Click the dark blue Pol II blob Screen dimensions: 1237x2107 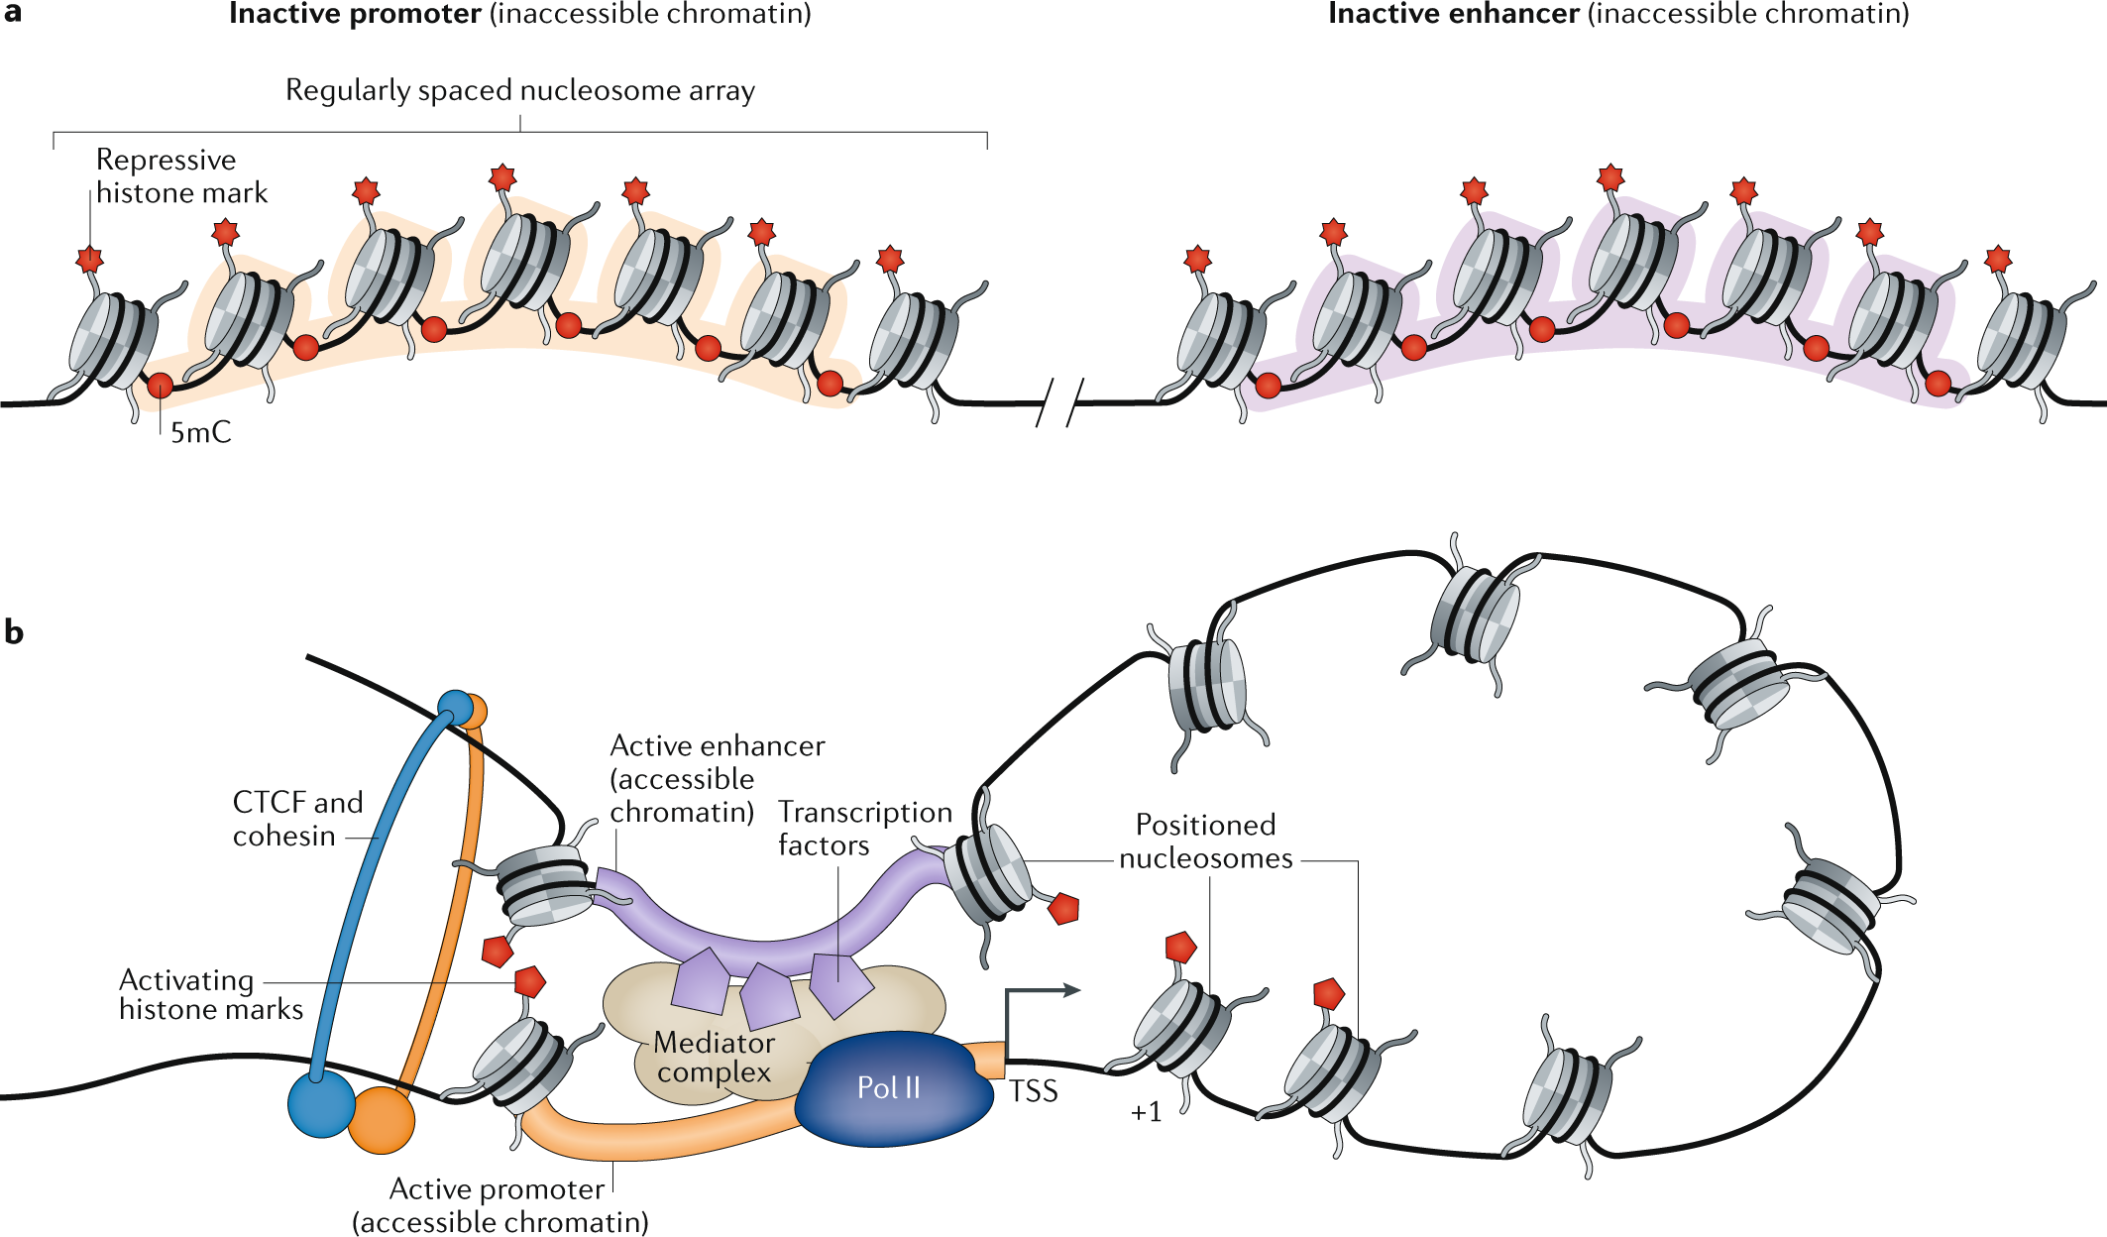point(892,1090)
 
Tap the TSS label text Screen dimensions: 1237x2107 point(1034,1091)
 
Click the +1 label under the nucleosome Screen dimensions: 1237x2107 point(1146,1112)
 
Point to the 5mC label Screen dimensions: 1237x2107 point(200,433)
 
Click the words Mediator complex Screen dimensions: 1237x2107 point(714,1058)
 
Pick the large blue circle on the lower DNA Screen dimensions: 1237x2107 point(321,1104)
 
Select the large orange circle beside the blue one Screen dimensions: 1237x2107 point(382,1120)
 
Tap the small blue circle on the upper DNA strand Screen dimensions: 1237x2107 point(455,708)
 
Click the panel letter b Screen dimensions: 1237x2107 point(14,632)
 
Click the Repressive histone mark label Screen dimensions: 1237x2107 point(181,176)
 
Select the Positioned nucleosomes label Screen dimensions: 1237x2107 point(1205,842)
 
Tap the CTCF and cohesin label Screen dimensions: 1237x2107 point(297,819)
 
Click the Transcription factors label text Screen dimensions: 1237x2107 point(864,828)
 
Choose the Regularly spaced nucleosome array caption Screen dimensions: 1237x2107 point(520,90)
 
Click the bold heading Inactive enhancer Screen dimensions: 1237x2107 point(1453,14)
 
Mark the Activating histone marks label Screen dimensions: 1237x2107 point(210,994)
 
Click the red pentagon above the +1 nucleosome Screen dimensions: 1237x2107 point(1180,947)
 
